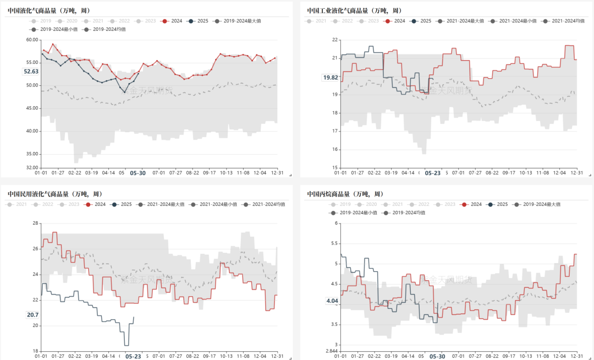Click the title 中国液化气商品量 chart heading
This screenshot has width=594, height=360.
49,10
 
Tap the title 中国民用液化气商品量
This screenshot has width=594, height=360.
54,194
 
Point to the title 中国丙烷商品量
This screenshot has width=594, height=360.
348,194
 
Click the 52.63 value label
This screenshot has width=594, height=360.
31,72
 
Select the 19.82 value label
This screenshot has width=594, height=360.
331,78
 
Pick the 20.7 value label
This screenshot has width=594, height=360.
32,314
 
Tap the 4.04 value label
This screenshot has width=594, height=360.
332,301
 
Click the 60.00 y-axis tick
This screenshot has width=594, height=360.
31,40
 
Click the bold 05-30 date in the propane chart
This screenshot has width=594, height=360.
437,356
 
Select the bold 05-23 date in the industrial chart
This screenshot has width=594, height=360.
433,173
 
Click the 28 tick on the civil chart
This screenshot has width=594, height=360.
35,223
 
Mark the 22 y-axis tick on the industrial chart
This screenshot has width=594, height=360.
334,40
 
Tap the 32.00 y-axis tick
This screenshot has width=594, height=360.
31,167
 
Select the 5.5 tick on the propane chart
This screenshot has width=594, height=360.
333,243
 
